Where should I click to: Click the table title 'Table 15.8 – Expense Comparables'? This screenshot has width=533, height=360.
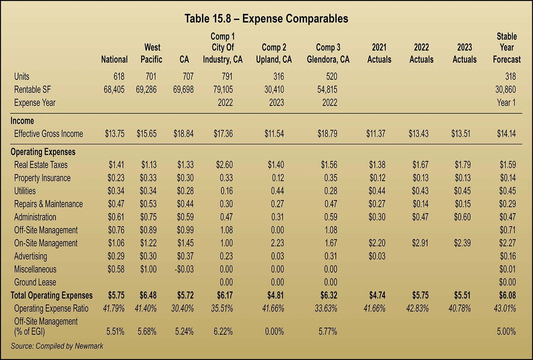point(266,18)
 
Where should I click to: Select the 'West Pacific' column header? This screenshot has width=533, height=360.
point(152,53)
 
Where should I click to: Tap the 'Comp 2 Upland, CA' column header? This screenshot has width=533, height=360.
point(274,53)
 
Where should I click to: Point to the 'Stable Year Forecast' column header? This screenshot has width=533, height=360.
point(507,48)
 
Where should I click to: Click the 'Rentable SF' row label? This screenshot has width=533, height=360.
point(32,90)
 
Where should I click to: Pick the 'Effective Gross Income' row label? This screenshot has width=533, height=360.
point(48,134)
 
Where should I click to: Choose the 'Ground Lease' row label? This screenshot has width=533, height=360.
point(35,282)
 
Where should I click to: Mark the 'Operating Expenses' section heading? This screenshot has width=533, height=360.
point(43,152)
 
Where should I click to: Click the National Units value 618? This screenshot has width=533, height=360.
point(119,76)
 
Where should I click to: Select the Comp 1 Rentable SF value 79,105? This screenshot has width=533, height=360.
point(223,90)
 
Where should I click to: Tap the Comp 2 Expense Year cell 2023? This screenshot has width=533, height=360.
point(276,103)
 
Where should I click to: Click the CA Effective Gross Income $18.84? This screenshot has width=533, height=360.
point(183,134)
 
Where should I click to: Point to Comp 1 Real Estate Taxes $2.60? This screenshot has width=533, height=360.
point(224,165)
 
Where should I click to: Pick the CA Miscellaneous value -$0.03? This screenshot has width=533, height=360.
point(184,269)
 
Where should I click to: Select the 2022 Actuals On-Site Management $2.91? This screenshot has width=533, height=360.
point(420,243)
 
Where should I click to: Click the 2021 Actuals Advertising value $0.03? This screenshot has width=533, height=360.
point(377,256)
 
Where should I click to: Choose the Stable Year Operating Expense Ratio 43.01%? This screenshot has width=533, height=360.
point(505,308)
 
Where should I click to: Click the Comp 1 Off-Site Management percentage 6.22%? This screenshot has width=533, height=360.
point(223,332)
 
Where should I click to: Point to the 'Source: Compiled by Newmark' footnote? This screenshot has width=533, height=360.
point(57,346)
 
